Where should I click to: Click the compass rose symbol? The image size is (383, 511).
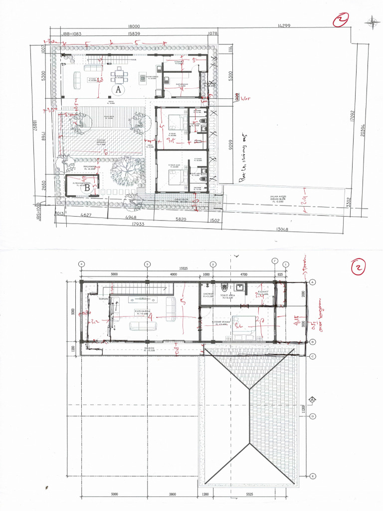[x=372, y=21]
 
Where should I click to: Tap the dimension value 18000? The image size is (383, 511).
[x=134, y=26]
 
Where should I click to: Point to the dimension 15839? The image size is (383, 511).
[x=134, y=34]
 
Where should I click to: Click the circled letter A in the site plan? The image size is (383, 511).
[x=118, y=90]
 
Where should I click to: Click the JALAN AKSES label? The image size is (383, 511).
[x=280, y=197]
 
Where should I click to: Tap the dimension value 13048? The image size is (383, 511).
[x=283, y=230]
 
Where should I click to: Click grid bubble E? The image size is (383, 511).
[x=313, y=476]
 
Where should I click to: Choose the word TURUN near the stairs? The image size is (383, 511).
[x=103, y=299]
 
